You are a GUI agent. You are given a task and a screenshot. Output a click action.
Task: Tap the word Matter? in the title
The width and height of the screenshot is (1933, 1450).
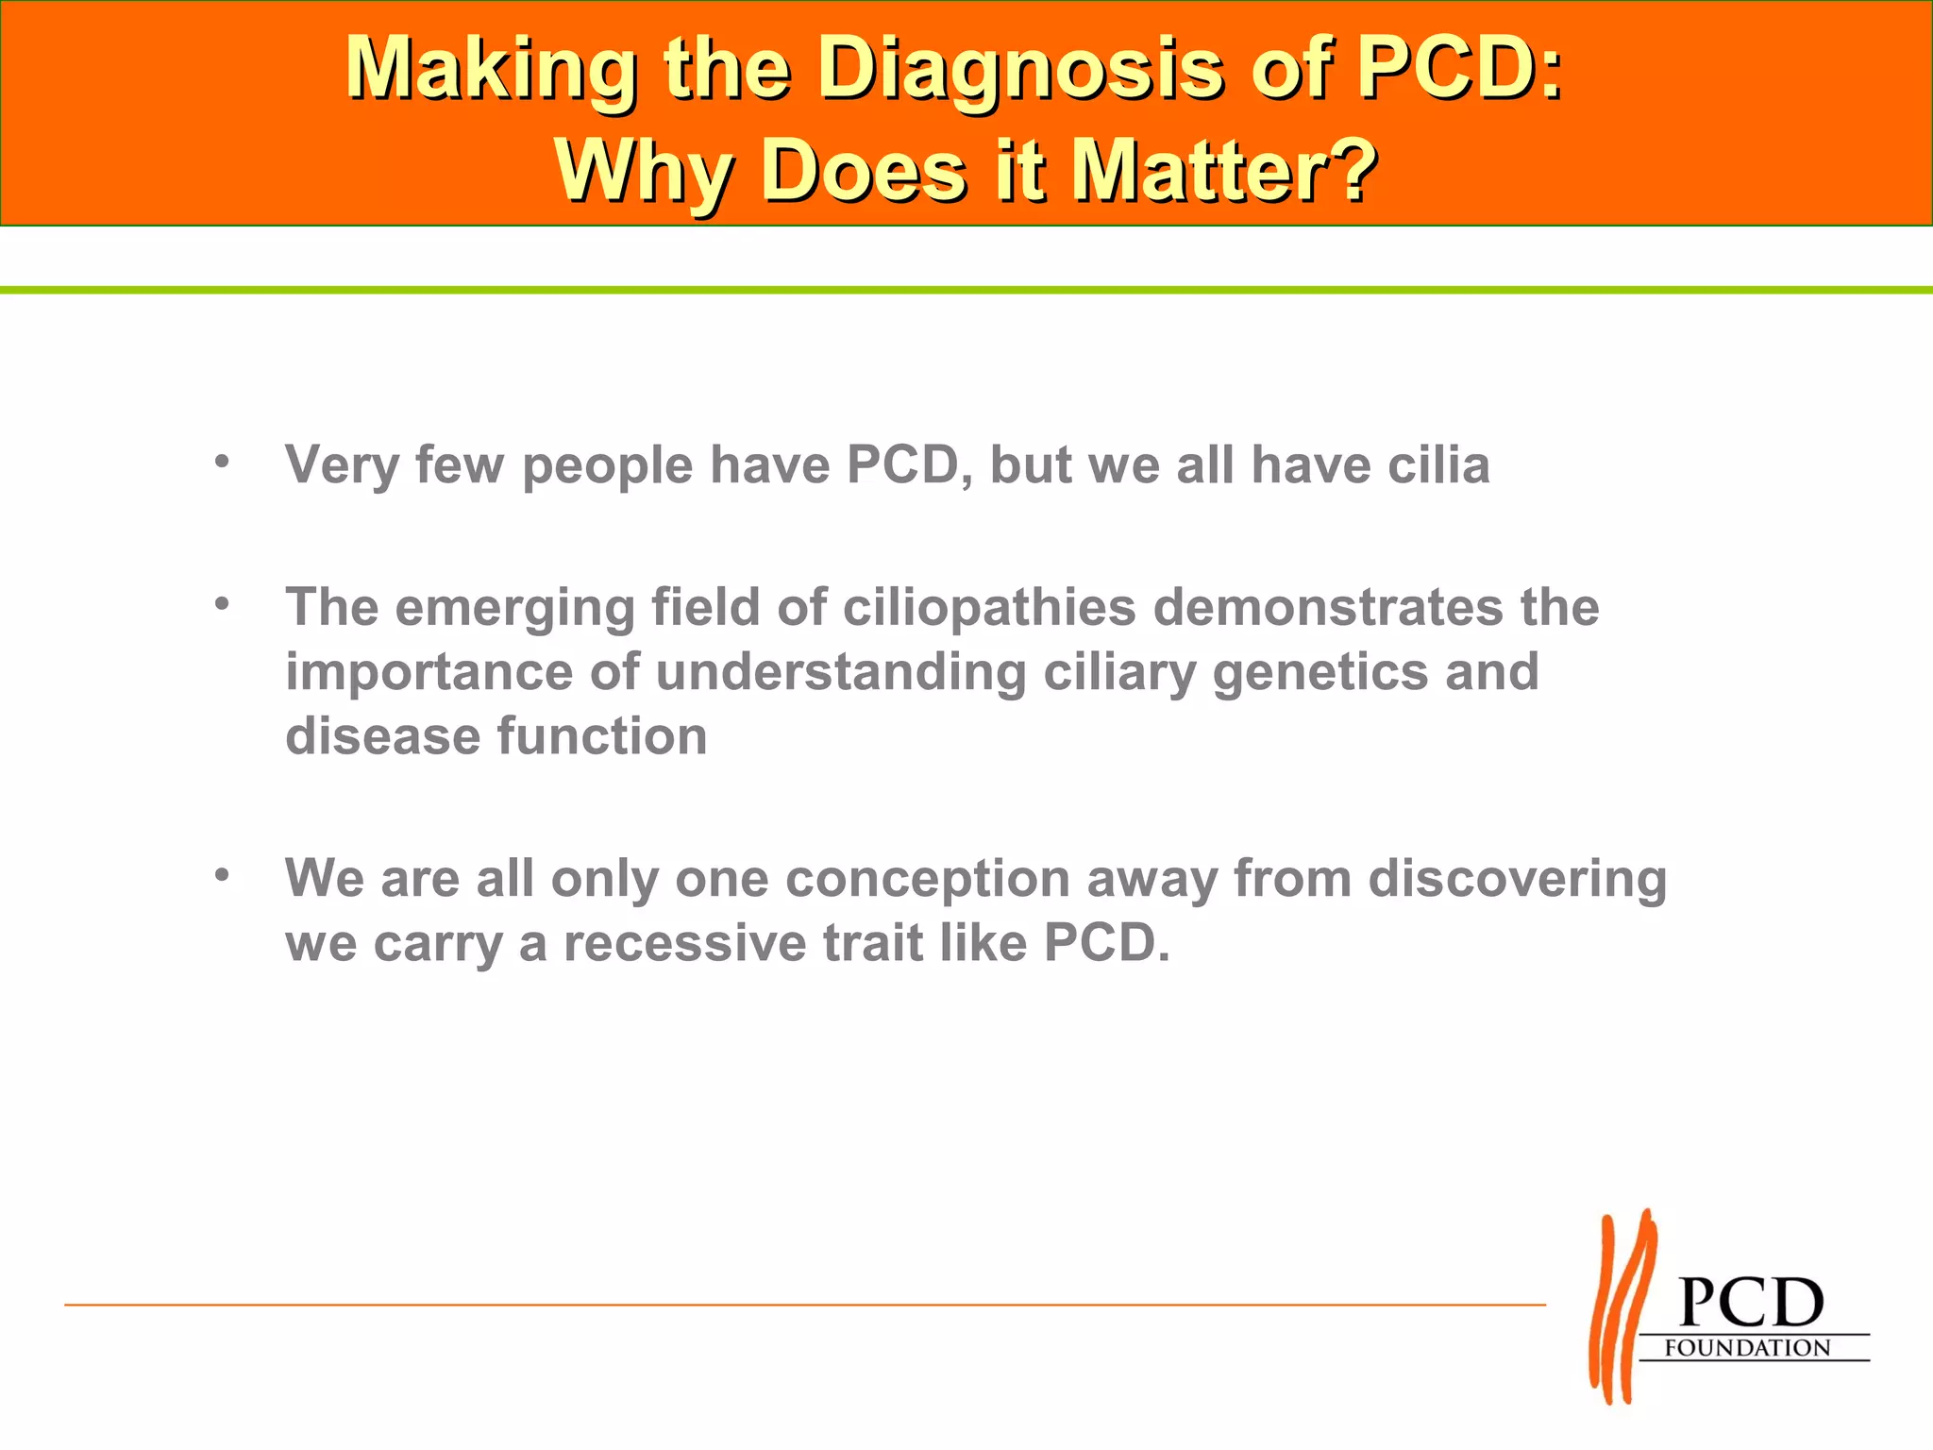(1224, 171)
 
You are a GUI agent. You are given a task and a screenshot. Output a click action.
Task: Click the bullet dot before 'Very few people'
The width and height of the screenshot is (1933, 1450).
(222, 463)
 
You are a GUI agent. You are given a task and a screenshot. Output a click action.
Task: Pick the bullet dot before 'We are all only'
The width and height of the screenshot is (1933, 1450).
(222, 875)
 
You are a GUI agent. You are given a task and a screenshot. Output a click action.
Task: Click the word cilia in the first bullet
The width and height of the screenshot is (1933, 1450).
(1438, 464)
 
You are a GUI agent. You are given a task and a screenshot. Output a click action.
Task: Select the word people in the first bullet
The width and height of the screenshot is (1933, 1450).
(607, 466)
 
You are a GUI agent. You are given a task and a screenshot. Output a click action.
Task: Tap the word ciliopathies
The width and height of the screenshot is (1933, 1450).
(989, 607)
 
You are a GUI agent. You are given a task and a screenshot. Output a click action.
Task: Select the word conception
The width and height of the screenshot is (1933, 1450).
(927, 879)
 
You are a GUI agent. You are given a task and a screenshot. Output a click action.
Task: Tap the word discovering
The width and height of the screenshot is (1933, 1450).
(1518, 879)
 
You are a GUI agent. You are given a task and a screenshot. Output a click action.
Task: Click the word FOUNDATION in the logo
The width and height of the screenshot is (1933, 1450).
(1747, 1348)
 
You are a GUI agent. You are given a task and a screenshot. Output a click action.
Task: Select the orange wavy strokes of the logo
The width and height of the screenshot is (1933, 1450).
(1622, 1307)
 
